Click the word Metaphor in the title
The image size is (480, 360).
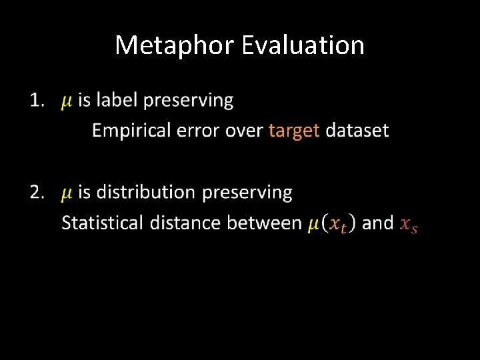[175, 45]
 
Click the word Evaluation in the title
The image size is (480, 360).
[303, 45]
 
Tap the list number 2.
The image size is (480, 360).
[37, 193]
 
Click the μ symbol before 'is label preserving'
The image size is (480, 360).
[67, 102]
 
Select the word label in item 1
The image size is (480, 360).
[118, 101]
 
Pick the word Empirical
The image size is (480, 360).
[131, 131]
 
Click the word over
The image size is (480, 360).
[245, 131]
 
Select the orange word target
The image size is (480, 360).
[294, 131]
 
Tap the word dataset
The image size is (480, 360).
[357, 131]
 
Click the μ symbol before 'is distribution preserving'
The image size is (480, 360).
[67, 194]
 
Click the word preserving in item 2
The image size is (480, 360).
[247, 193]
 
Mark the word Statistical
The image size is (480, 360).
[102, 223]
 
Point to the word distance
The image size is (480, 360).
[185, 223]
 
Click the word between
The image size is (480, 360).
[265, 223]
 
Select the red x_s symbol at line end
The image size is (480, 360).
[408, 225]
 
